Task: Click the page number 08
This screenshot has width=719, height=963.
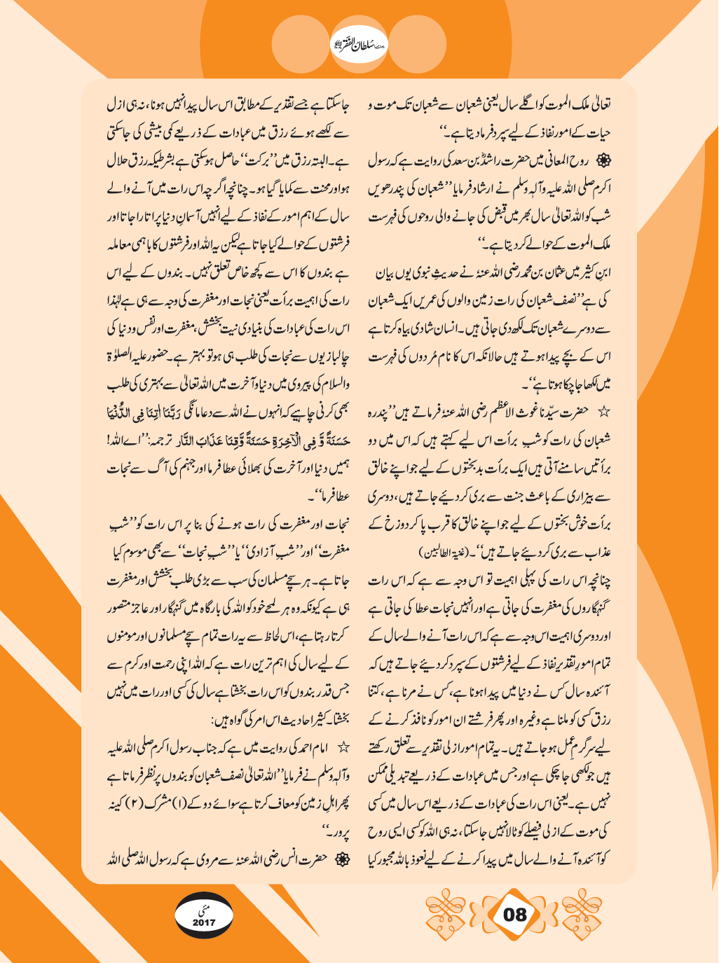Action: tap(514, 913)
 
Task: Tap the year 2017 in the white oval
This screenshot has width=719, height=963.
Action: tap(205, 922)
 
